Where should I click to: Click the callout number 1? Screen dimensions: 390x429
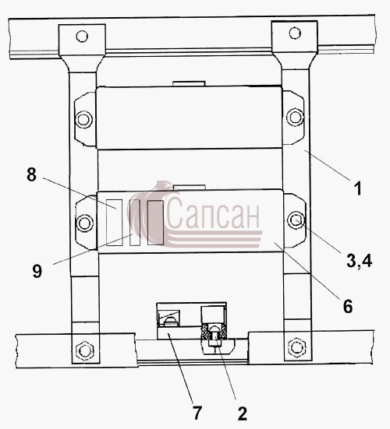(x=357, y=188)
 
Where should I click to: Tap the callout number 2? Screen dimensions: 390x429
(x=242, y=413)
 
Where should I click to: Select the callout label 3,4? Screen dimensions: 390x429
(x=359, y=260)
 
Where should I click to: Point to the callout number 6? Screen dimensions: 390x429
(x=348, y=306)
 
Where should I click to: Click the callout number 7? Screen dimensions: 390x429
(x=197, y=413)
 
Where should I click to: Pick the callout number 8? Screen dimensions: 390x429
(x=31, y=174)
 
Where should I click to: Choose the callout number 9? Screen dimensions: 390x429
(x=37, y=271)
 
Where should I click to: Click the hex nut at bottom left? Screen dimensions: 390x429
(x=85, y=350)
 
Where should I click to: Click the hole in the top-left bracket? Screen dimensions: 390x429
(x=82, y=36)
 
